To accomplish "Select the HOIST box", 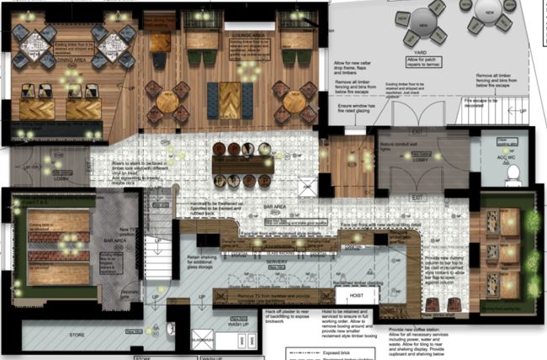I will pos(355,296).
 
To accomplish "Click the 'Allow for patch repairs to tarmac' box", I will pos(427,62).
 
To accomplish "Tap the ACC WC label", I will pos(507,157).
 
